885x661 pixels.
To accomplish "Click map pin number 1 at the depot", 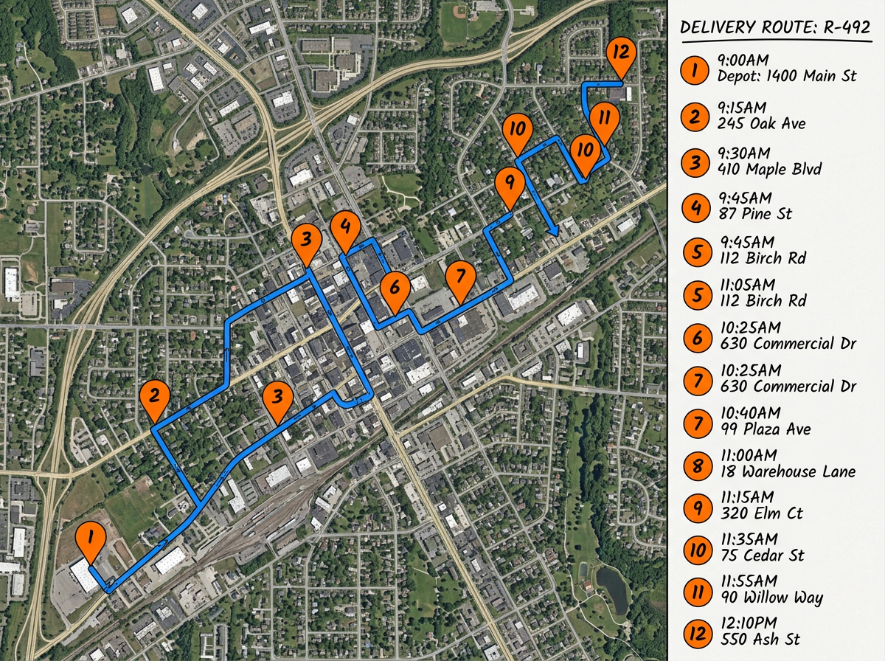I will coord(90,540).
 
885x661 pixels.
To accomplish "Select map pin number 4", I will coord(344,228).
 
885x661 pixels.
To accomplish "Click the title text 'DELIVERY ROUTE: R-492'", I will coord(775,28).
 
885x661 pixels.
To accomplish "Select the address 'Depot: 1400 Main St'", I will coord(786,76).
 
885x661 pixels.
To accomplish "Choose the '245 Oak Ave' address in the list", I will coord(761,123).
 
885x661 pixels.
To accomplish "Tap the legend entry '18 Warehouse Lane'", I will coord(786,471).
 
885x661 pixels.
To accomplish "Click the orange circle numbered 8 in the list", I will coord(697,466).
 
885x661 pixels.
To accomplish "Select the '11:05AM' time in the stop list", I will coord(746,284).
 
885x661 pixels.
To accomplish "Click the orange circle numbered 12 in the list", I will coord(697,633).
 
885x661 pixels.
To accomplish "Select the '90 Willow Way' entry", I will coord(770,598).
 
